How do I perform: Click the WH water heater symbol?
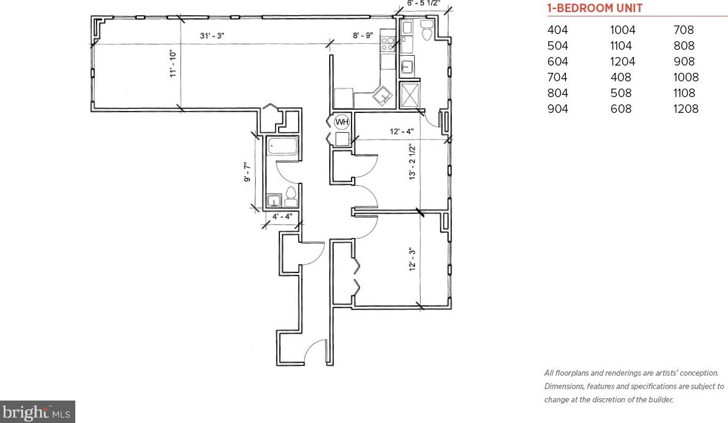click(342, 122)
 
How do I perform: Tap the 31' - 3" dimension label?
click(212, 36)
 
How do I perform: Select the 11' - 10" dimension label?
click(173, 64)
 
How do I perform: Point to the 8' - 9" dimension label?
click(362, 35)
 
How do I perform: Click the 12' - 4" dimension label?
click(401, 131)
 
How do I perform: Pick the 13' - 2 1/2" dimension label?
click(412, 162)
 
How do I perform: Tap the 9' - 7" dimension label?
click(248, 172)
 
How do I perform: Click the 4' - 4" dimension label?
click(282, 217)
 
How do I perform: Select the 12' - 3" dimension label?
click(412, 259)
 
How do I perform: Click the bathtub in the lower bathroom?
click(282, 146)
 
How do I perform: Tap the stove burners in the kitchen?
click(387, 44)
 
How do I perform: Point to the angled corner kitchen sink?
click(383, 96)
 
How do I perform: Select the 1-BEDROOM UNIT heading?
click(595, 8)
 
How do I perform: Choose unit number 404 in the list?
click(557, 30)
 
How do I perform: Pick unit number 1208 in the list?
click(685, 109)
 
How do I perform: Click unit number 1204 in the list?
click(622, 62)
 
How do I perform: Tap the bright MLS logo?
click(37, 412)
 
